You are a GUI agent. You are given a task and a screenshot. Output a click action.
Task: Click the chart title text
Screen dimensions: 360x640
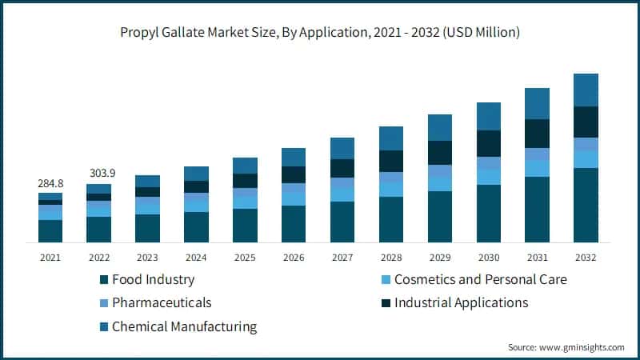320,32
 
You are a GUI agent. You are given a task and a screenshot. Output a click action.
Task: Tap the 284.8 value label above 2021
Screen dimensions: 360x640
50,184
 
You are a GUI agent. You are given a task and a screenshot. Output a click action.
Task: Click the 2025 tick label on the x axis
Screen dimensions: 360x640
245,258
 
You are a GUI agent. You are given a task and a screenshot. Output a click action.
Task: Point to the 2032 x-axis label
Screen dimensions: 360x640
586,258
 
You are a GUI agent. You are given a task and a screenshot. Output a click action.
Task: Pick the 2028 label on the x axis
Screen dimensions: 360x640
391,258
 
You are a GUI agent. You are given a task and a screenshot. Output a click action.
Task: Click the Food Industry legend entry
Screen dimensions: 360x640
152,280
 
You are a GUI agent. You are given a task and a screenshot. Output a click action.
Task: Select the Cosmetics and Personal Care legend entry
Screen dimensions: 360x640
480,280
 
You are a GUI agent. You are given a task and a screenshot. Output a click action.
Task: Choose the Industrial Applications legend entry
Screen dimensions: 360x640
461,303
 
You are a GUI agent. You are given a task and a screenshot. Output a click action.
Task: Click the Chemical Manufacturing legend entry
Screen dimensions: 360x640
184,326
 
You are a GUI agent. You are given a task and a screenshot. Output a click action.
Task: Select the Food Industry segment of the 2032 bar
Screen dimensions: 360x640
586,205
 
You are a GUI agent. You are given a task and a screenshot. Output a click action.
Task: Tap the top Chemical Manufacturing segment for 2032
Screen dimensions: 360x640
586,90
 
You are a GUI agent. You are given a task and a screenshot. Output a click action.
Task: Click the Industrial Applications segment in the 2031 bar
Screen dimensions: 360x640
537,134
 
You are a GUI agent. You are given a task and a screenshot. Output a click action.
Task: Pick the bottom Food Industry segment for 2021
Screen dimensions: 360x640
50,230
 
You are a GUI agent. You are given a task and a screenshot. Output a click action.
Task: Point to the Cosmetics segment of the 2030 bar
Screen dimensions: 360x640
488,177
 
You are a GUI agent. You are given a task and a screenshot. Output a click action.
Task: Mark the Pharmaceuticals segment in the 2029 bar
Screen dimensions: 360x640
440,171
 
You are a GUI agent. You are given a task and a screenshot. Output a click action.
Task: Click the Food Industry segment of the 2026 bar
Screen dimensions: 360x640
294,224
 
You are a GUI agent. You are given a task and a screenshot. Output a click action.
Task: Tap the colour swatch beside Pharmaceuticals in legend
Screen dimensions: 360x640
103,303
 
